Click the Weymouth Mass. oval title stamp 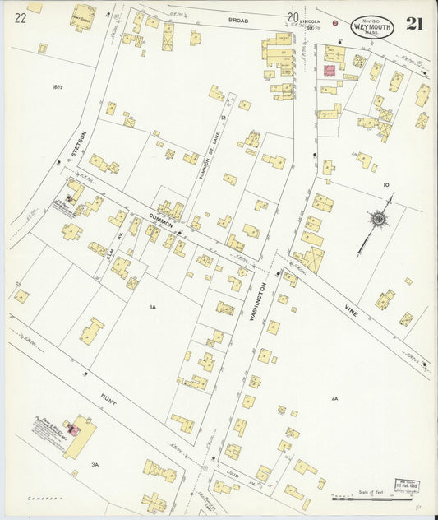[372, 27]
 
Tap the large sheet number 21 [414, 24]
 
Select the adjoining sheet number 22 [20, 17]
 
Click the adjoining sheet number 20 [293, 16]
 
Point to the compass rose [377, 219]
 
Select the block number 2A [334, 398]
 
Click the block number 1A [152, 307]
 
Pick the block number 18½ [57, 86]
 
